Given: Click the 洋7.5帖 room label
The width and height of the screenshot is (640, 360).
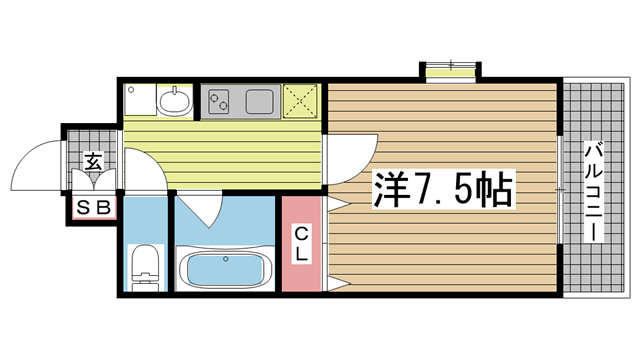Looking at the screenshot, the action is [x=442, y=189].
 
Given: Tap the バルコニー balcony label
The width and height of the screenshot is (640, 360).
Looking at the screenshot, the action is [x=593, y=192].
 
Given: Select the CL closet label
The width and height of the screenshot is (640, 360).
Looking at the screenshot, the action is [x=302, y=244].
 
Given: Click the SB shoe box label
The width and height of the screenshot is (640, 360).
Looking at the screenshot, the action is [x=94, y=208].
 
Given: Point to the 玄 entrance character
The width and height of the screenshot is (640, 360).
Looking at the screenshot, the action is [x=93, y=161].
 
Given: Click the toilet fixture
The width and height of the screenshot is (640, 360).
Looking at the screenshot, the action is [x=145, y=268].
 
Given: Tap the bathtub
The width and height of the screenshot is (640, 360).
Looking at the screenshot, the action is [x=225, y=268].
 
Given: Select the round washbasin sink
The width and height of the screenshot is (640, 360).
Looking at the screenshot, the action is [x=175, y=101].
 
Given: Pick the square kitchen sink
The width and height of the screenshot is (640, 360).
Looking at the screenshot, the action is [x=260, y=102].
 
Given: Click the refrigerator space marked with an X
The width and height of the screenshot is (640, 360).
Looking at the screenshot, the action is [x=300, y=101].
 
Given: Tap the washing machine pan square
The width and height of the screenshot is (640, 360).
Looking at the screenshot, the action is [x=141, y=100].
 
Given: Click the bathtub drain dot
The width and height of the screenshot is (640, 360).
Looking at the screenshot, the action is [x=225, y=259].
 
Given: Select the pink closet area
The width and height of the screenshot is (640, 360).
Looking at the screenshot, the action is [x=301, y=244].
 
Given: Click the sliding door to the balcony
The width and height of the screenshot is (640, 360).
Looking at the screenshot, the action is [x=560, y=190].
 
